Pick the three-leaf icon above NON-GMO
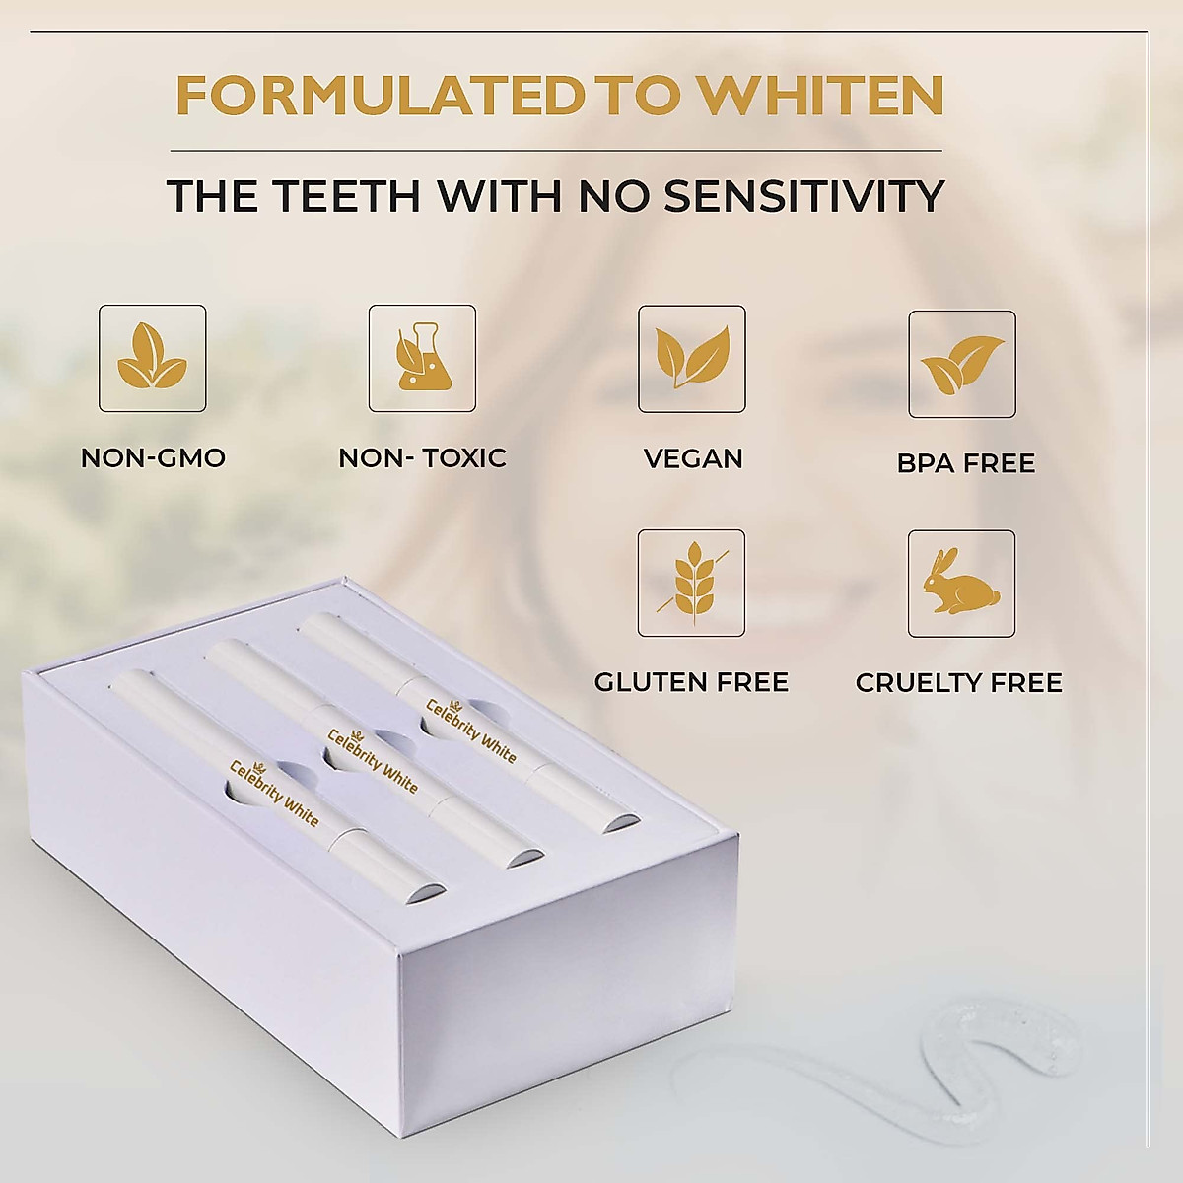tap(153, 358)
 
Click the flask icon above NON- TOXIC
tap(422, 358)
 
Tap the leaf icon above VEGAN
tap(692, 358)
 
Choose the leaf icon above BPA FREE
tap(961, 364)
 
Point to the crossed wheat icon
tap(692, 583)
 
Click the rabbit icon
tap(961, 583)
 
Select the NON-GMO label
tap(153, 457)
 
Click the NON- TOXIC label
tap(422, 457)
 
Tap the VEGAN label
tap(693, 458)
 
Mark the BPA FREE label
tap(966, 463)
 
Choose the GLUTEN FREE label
tap(691, 682)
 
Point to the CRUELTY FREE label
tap(959, 682)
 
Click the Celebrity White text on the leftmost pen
tap(274, 792)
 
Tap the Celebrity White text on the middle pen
tap(373, 760)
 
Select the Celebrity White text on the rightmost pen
tap(470, 730)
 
